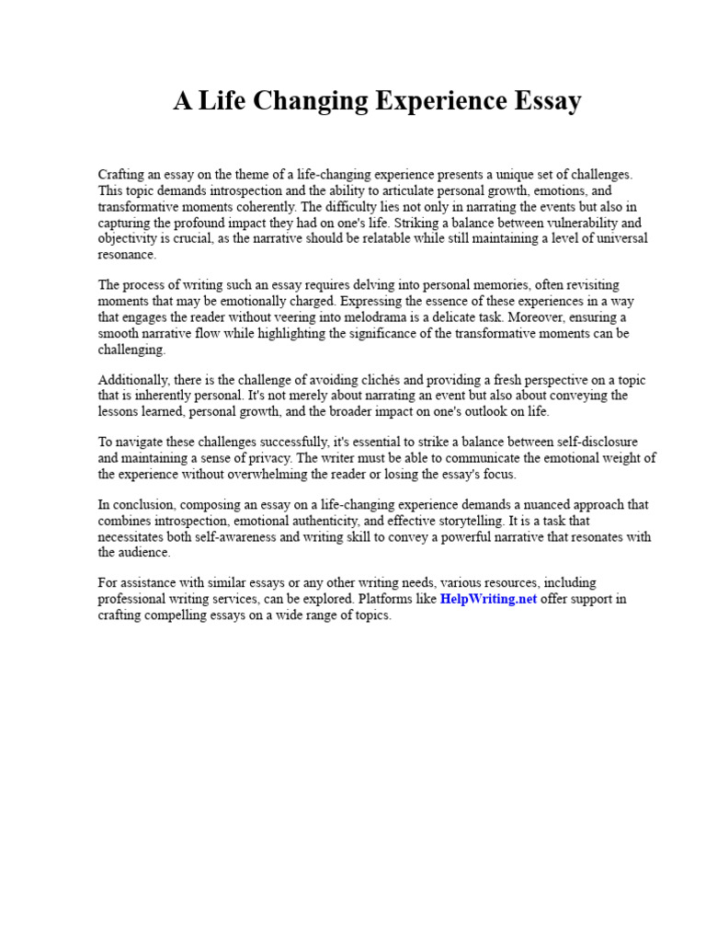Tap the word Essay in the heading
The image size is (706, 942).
point(547,101)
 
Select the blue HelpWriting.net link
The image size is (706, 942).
point(488,599)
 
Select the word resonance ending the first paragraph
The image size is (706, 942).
point(127,255)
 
